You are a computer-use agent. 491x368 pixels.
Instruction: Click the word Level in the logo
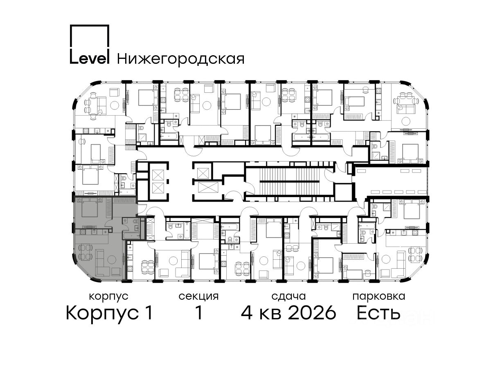coord(90,58)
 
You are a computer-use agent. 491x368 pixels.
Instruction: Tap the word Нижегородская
coord(181,59)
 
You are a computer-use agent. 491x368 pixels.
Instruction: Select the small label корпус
coord(108,297)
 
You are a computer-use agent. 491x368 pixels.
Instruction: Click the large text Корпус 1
coord(109,313)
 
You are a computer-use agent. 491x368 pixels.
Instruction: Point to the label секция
coord(198,297)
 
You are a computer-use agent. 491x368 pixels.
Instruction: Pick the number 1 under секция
coord(199,313)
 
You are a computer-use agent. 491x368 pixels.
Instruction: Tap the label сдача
coord(288,297)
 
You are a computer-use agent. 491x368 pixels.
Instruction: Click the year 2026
coord(312,313)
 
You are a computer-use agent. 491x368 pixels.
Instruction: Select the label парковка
coord(379,297)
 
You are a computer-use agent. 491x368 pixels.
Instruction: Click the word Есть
coord(378,313)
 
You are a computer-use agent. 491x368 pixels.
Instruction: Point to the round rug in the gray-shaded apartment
coord(112,260)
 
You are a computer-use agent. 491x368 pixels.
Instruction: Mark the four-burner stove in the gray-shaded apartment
coord(83,232)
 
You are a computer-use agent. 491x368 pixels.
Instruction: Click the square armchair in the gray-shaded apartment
coord(116,272)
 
